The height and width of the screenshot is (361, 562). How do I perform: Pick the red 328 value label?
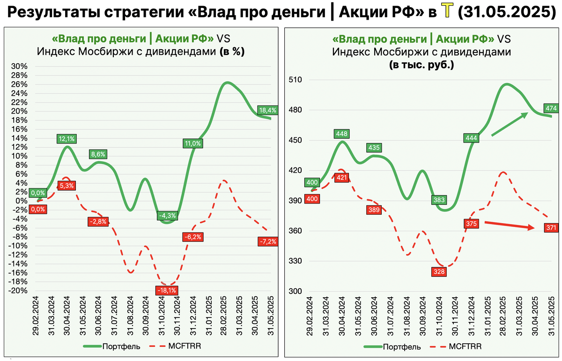(439, 271)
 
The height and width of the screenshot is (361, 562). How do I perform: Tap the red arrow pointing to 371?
(510, 226)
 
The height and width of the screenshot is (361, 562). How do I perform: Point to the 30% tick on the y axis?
(20, 66)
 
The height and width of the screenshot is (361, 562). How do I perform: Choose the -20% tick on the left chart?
(19, 291)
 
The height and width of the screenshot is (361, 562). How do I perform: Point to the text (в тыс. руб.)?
(421, 66)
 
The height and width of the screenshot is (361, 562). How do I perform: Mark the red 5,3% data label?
(67, 186)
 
